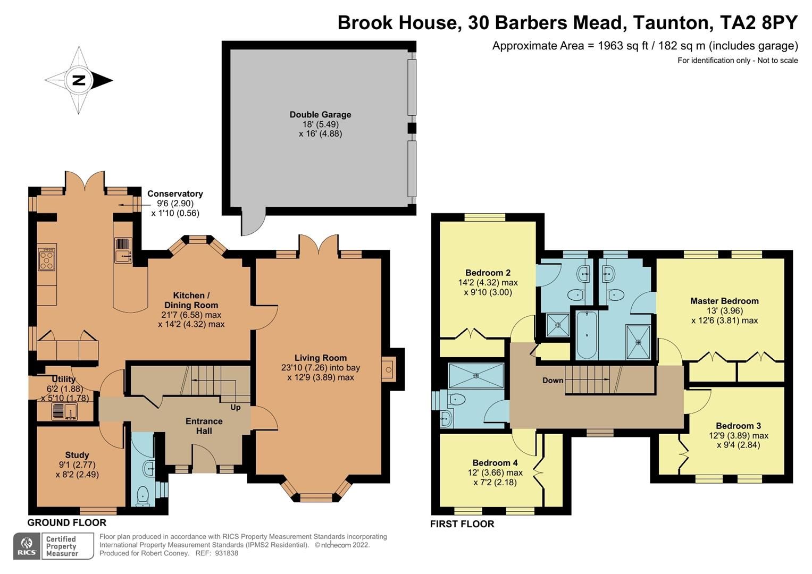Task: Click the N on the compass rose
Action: (x=79, y=80)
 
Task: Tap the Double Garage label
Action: (x=320, y=114)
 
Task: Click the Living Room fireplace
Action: (x=389, y=369)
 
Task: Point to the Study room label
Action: (x=77, y=455)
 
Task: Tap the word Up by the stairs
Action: (x=235, y=408)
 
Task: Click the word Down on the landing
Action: (x=553, y=380)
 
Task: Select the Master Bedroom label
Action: (x=724, y=301)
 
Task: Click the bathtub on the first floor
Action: (x=587, y=335)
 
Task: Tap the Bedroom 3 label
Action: (x=738, y=426)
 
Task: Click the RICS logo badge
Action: (x=27, y=546)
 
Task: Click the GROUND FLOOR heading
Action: (x=67, y=522)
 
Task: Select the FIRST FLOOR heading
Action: (x=462, y=524)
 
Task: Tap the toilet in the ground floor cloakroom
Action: (x=143, y=496)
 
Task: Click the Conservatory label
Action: (x=175, y=194)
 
